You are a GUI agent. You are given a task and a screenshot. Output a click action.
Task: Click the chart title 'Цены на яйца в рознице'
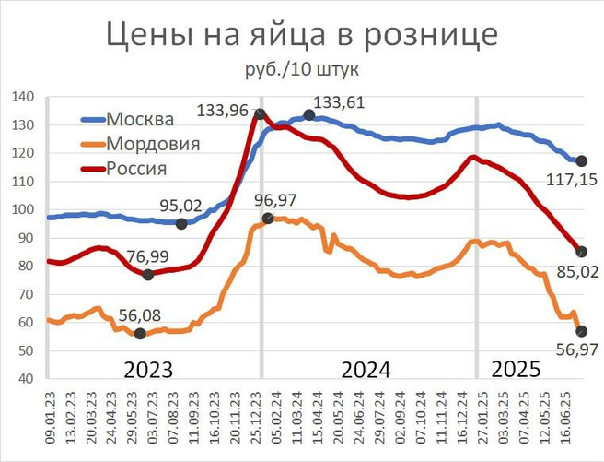pos(302,34)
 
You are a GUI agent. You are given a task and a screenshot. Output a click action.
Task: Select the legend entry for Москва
pos(139,120)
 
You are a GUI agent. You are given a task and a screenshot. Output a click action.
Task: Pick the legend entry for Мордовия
pos(153,144)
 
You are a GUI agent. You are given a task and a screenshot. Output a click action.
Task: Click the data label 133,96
pos(223,112)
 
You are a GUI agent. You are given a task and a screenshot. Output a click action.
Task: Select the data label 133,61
pos(340,102)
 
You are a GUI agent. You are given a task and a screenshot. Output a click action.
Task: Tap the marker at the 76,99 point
pos(148,275)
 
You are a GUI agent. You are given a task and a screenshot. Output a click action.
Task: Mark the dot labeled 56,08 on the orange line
pos(140,334)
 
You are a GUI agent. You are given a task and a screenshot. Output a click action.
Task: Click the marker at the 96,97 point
pos(268,219)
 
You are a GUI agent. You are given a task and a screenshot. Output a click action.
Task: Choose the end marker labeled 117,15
pos(581,161)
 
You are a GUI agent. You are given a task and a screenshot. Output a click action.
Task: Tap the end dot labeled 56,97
pos(581,331)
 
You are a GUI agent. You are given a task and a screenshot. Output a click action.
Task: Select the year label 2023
pos(150,370)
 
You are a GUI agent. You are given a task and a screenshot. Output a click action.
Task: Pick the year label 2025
pos(516,370)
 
